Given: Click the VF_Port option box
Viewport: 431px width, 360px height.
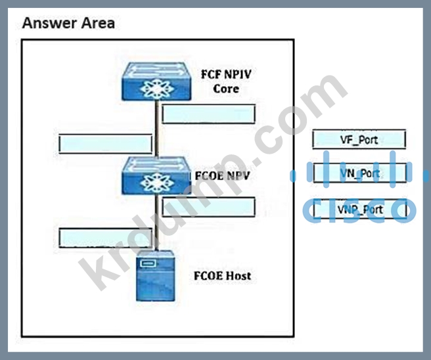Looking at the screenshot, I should click(x=359, y=139).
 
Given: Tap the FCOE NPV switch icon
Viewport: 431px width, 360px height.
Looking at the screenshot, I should click(x=156, y=174).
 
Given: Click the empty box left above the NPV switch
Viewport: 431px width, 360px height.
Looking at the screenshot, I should click(x=106, y=144).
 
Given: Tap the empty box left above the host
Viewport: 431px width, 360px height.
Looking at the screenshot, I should click(x=106, y=236).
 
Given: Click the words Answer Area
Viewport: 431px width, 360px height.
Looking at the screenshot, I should click(x=68, y=24).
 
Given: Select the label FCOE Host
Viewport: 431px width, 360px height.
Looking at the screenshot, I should click(x=223, y=275).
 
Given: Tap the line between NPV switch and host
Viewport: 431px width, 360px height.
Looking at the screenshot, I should click(x=156, y=223).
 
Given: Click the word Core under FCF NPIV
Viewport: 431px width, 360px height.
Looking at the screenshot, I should click(x=226, y=88).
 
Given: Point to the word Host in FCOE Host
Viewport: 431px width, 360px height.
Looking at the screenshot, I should click(x=238, y=275).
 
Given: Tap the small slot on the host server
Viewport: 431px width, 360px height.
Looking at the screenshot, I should click(x=148, y=264).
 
